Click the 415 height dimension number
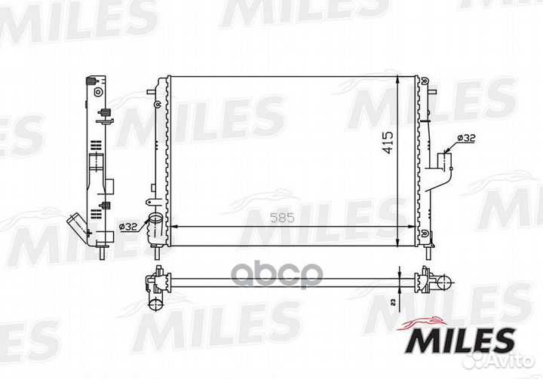click(388, 144)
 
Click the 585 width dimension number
click(281, 219)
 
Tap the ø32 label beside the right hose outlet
click(466, 138)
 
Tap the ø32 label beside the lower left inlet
click(128, 225)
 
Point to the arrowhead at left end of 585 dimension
click(170, 226)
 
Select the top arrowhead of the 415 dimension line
click(397, 79)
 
